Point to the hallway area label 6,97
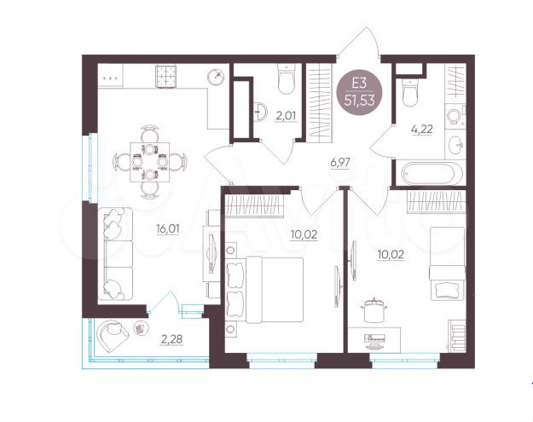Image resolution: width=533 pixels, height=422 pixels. [x=340, y=163]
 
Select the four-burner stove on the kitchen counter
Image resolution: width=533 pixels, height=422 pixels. [x=165, y=76]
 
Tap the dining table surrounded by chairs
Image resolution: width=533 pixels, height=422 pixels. [x=149, y=159]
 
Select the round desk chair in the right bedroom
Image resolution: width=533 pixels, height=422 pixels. [x=374, y=309]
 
